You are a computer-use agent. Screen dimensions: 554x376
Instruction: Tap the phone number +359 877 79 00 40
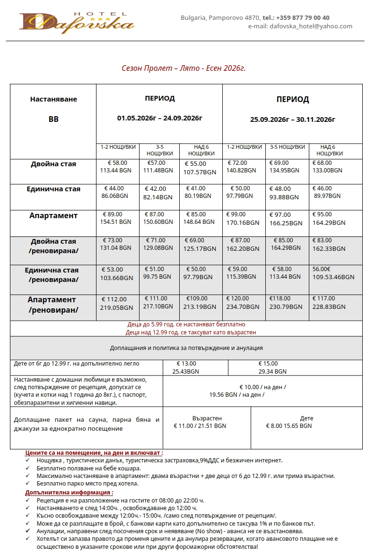coord(303,18)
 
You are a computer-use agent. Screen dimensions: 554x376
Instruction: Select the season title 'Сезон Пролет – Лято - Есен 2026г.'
coord(184,68)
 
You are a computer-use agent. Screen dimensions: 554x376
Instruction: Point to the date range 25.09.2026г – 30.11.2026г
coord(292,120)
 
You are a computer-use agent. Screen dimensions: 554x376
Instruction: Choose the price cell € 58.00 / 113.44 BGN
coord(116,167)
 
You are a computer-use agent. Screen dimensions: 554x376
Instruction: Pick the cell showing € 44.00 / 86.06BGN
coord(117,192)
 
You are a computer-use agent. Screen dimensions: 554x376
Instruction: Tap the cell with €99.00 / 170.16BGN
coord(243,219)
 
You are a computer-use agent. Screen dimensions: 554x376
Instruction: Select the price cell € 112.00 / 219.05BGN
coord(117,303)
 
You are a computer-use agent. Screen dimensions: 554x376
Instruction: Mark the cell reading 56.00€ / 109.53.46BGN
coord(333,273)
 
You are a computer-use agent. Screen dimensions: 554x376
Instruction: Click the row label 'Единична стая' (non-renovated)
coord(53,189)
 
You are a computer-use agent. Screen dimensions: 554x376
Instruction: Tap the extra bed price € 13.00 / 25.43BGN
coord(186,367)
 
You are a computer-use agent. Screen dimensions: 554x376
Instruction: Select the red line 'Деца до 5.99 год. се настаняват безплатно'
coord(186,325)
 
